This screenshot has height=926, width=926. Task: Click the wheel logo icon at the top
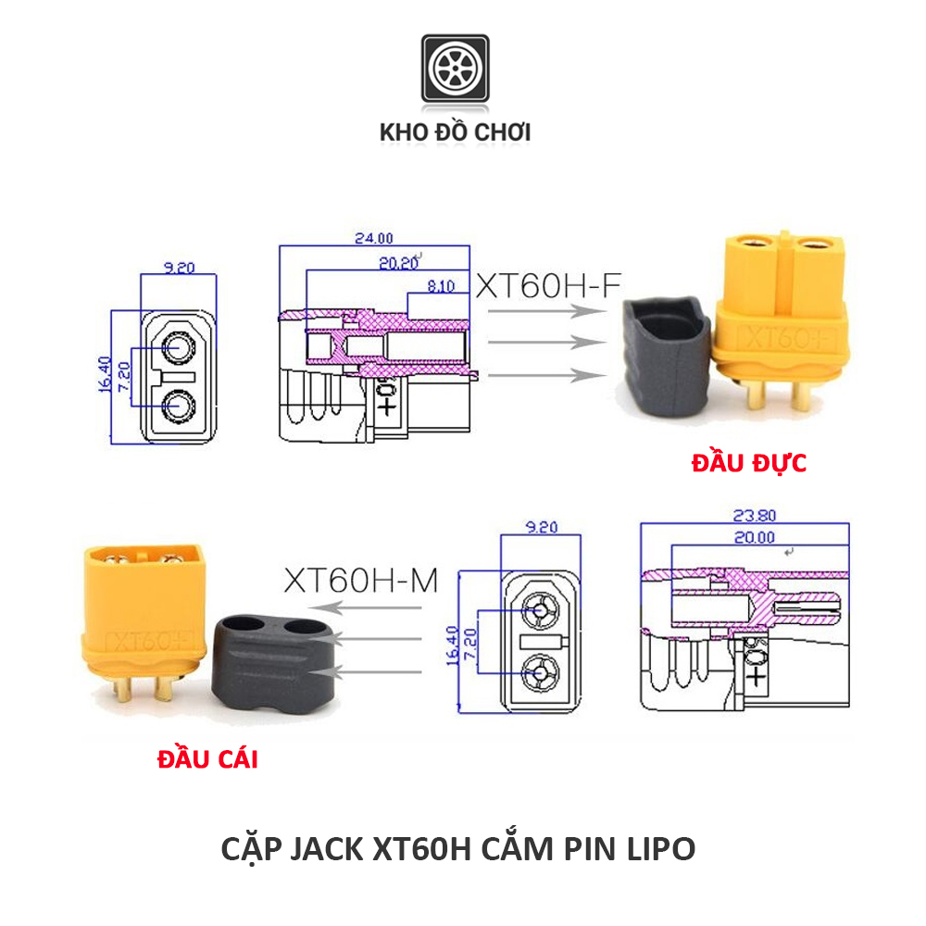coord(455,69)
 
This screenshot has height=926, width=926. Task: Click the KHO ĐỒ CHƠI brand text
coord(455,132)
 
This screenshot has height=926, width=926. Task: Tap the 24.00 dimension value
coord(374,238)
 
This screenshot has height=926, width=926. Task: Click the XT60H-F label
coord(546,285)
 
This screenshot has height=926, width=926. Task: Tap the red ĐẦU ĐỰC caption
coord(748,463)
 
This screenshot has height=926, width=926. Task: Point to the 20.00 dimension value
coord(753,537)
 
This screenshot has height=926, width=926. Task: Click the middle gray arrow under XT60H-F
coord(542,342)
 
